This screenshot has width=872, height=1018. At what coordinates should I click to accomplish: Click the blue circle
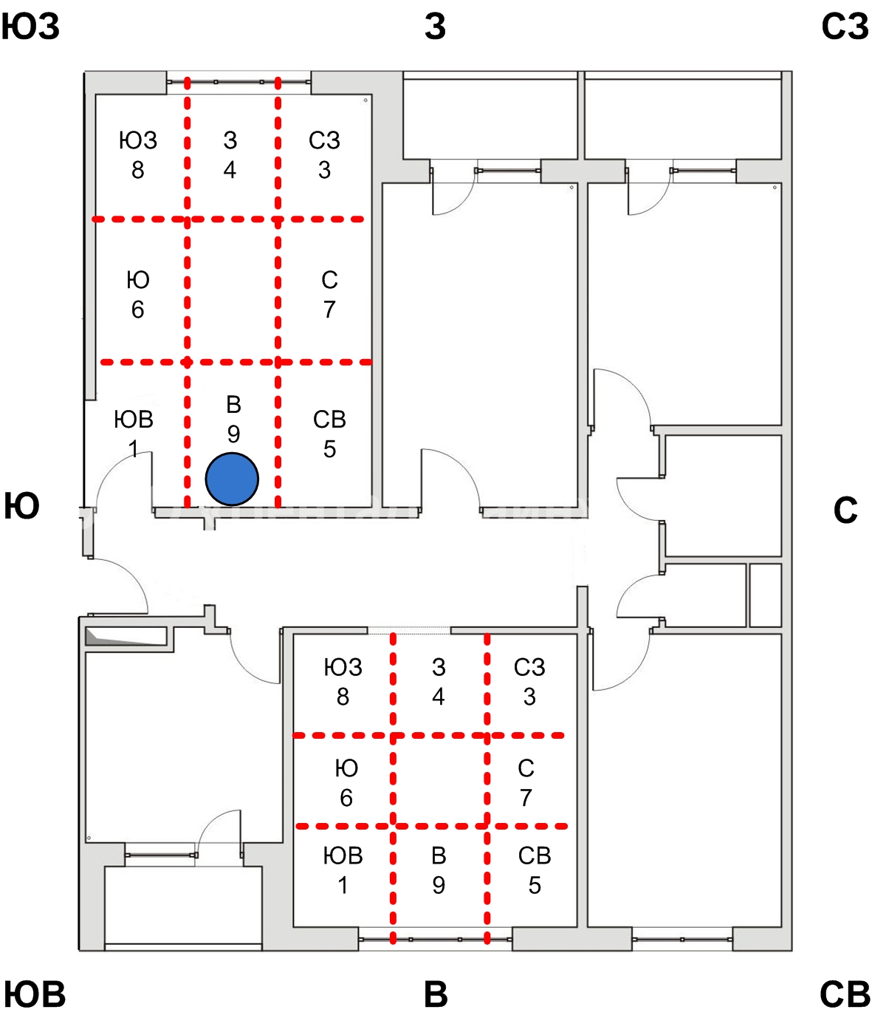tap(232, 479)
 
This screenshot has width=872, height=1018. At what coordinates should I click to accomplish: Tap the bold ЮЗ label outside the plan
tap(30, 27)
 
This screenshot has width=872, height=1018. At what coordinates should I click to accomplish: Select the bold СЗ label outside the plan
tap(844, 27)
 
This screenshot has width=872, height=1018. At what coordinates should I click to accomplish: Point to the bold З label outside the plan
tap(435, 27)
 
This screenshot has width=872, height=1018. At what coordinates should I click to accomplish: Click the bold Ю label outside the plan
tap(21, 507)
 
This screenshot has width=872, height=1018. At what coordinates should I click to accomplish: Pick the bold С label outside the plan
tap(845, 510)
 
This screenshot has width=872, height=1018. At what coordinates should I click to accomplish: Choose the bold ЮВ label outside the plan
tap(35, 994)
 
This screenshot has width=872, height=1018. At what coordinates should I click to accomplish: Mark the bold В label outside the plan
tap(436, 994)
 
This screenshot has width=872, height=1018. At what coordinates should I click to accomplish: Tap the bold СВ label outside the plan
tap(845, 994)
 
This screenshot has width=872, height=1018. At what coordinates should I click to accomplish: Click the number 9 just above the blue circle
tap(233, 434)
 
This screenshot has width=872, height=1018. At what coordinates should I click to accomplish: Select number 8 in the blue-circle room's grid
tap(138, 170)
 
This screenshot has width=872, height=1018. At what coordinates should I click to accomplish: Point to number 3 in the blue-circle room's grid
tap(324, 170)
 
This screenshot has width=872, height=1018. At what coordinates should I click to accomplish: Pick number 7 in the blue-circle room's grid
tap(329, 309)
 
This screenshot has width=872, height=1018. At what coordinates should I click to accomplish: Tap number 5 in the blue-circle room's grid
tap(329, 448)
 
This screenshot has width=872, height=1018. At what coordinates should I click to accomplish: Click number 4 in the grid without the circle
tap(439, 696)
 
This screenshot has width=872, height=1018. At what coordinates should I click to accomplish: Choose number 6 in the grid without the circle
tap(346, 797)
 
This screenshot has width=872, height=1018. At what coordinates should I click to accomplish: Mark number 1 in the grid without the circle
tap(343, 884)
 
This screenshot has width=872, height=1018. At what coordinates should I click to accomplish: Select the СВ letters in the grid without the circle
tap(535, 855)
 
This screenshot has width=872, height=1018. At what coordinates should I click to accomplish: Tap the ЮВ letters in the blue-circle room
tap(134, 419)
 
